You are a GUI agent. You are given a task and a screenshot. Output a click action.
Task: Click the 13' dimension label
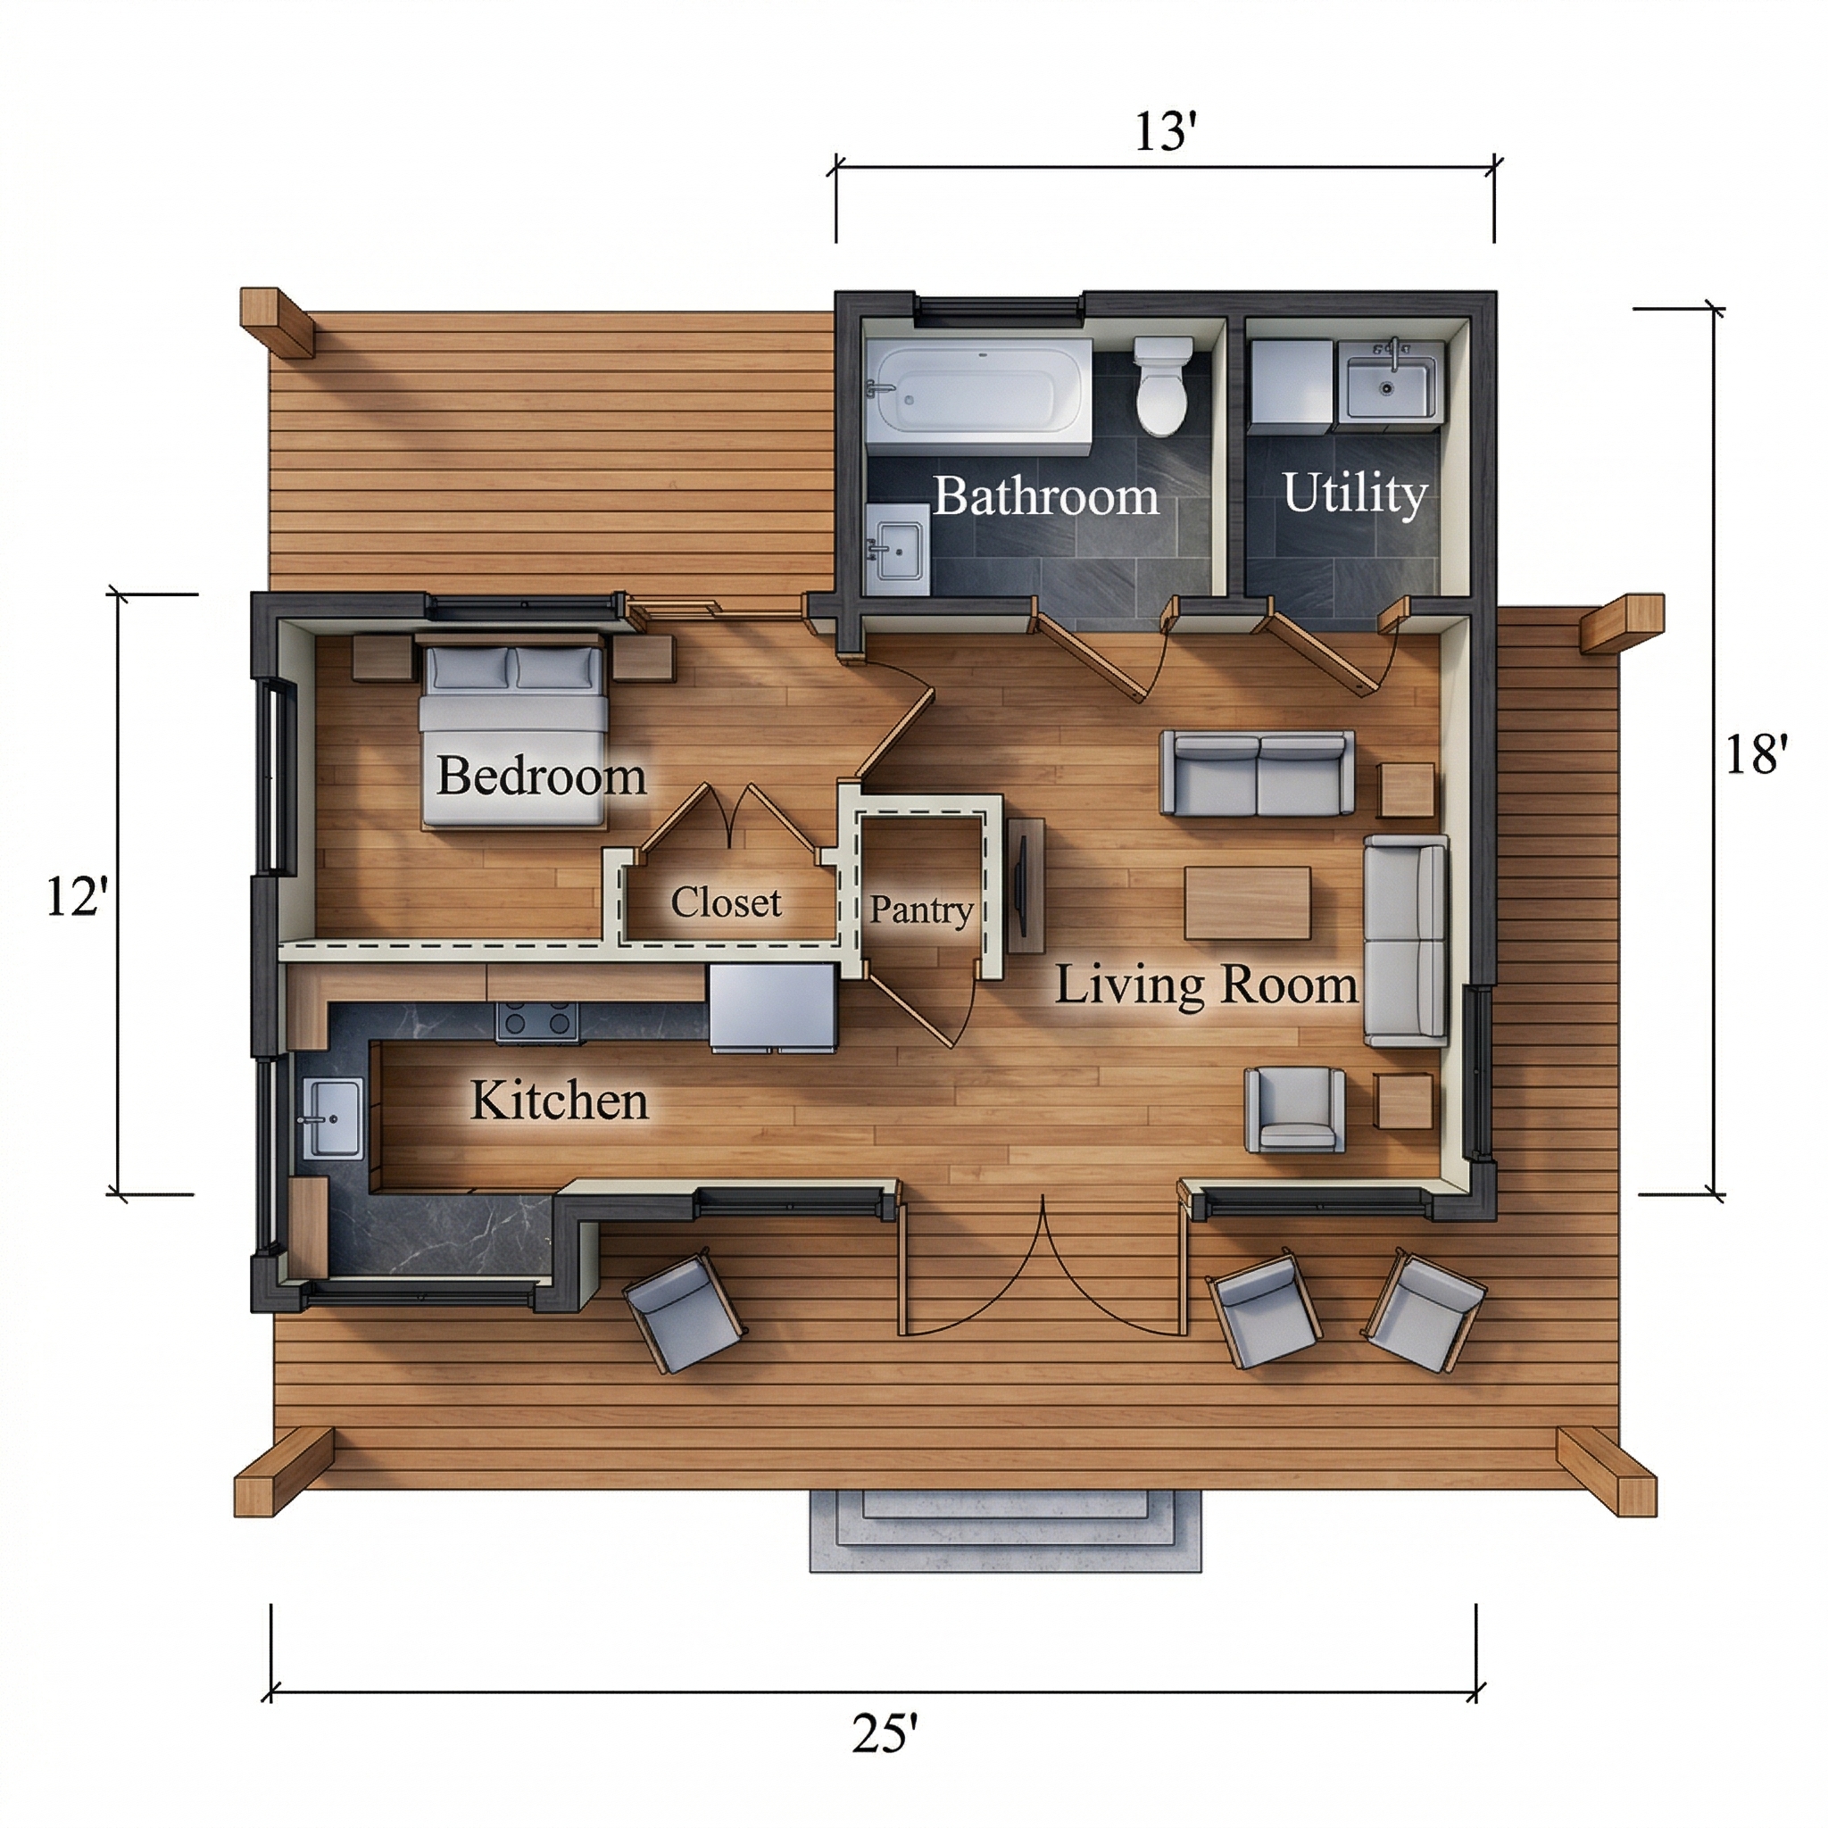click(1166, 131)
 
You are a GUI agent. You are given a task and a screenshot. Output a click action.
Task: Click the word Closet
click(726, 902)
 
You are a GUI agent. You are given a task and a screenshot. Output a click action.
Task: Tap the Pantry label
click(920, 910)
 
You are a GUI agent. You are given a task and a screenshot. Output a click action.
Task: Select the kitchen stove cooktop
click(537, 1022)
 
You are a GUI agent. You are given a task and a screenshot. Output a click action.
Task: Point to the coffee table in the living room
click(1247, 903)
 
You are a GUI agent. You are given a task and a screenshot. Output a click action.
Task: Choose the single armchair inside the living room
click(1294, 1109)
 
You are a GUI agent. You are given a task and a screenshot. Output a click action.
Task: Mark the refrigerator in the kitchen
click(773, 1008)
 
